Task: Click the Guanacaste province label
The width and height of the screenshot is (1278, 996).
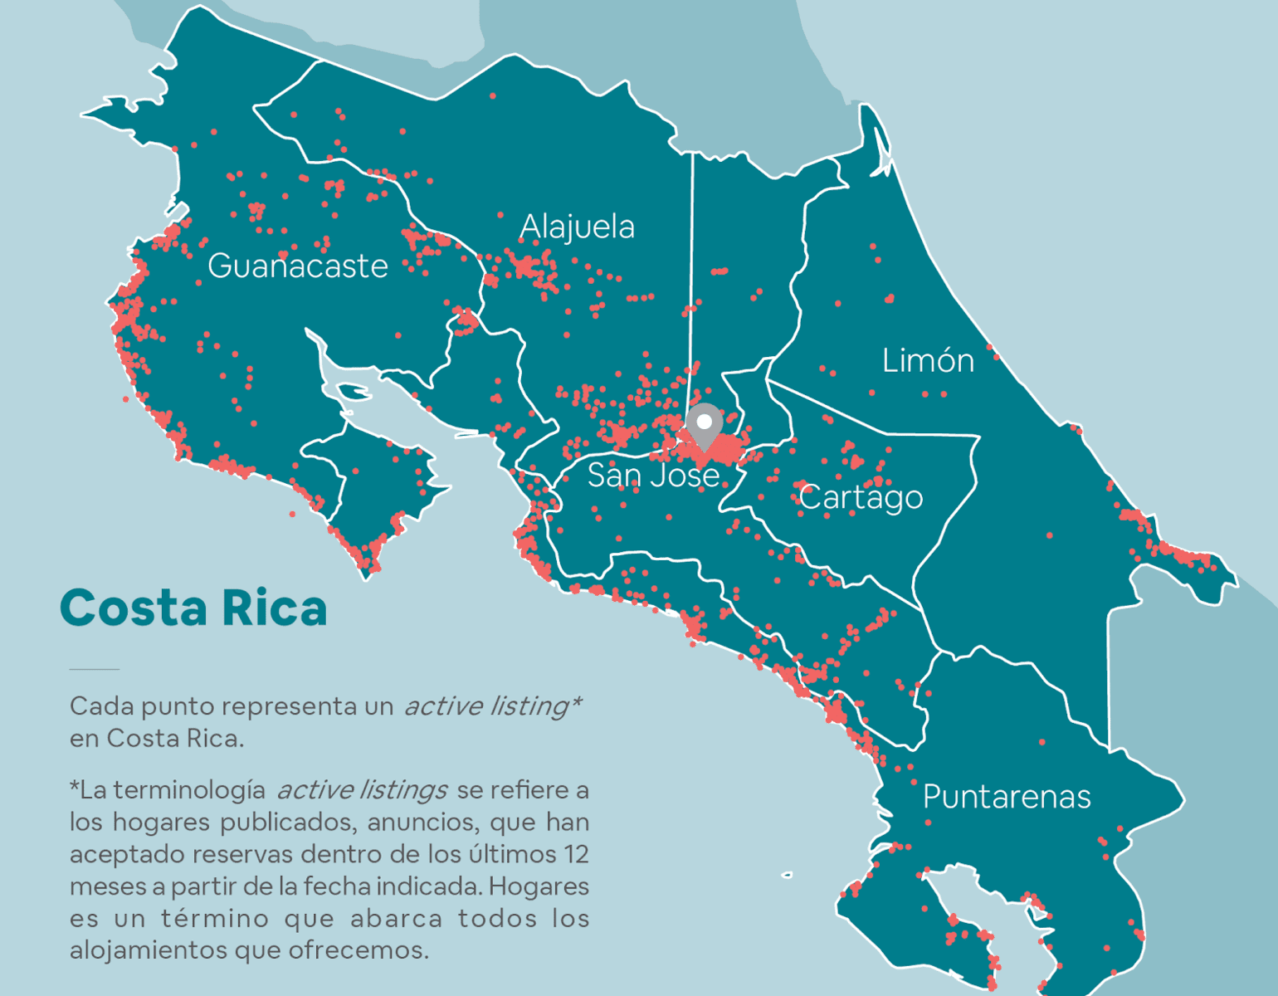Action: tap(297, 266)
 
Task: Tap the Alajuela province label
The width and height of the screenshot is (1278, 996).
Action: tap(577, 227)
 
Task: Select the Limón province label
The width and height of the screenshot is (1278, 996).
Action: tap(928, 361)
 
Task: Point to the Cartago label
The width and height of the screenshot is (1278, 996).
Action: tap(861, 497)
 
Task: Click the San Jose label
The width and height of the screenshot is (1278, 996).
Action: tap(653, 476)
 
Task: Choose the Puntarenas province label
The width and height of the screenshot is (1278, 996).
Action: tap(1007, 797)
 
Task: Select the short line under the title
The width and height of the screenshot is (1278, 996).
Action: tap(95, 668)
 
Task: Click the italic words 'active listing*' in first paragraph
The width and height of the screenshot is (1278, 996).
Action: tap(492, 706)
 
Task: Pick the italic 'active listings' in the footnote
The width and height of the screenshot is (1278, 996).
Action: tap(362, 789)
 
